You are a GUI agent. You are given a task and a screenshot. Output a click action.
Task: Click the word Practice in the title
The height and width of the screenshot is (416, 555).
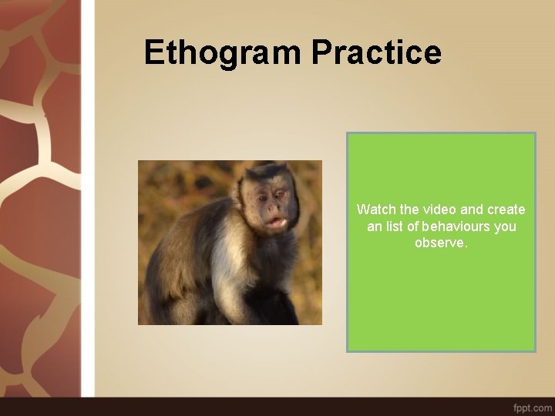376,53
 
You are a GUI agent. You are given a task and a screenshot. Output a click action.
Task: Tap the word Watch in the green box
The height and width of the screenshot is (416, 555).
374,210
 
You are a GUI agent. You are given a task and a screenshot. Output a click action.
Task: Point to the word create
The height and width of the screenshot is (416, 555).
506,210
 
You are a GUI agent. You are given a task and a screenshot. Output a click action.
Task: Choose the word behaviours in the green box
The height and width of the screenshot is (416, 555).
459,226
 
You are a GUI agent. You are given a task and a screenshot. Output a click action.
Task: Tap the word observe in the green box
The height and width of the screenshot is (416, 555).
439,243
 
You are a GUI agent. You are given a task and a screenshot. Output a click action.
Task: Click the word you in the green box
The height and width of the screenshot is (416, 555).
506,226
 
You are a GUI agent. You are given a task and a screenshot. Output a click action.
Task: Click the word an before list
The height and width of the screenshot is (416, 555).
374,226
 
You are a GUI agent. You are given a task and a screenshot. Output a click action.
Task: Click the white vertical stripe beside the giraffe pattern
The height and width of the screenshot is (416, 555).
89,200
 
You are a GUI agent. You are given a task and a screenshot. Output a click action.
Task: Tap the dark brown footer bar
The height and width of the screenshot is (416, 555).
277,406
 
